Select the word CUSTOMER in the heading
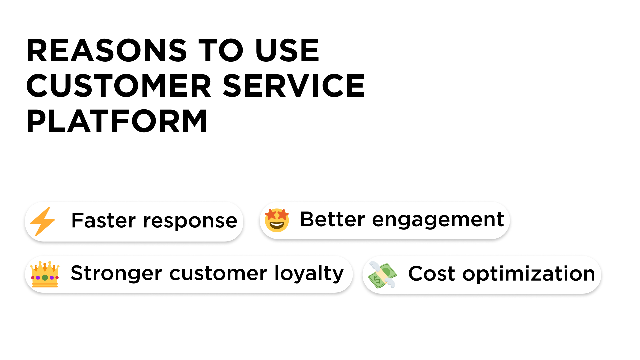[x=119, y=86]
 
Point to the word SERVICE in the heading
[x=294, y=86]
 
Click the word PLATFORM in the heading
[x=117, y=121]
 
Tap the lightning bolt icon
[x=43, y=221]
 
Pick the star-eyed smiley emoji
[x=277, y=220]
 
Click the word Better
[x=332, y=219]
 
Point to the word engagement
[x=438, y=221]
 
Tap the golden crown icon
[x=45, y=274]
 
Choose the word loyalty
[x=309, y=273]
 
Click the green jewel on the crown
[x=45, y=277]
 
